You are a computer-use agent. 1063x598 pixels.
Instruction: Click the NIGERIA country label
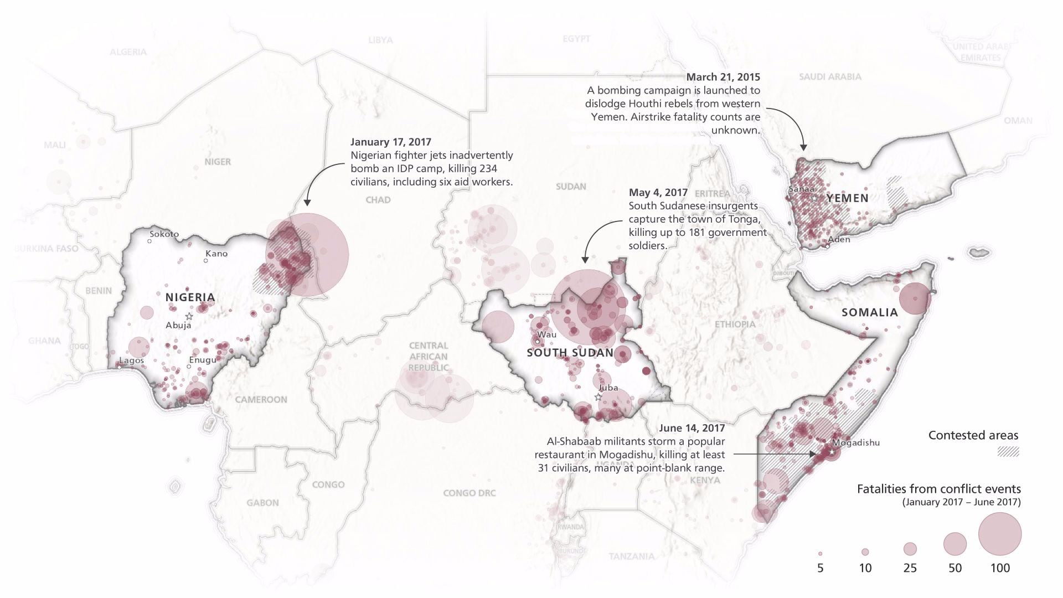[x=190, y=297]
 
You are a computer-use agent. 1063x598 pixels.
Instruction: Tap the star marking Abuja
[x=189, y=316]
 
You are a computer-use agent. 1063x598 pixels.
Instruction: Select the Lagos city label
[x=131, y=360]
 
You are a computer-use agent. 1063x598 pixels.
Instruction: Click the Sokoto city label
[x=164, y=234]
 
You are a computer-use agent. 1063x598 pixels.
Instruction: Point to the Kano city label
[x=216, y=254]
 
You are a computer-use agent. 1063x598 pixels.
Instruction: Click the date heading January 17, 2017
[x=390, y=142]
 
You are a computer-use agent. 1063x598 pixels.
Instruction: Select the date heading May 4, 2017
[x=658, y=193]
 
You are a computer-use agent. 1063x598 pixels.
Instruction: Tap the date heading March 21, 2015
[x=723, y=77]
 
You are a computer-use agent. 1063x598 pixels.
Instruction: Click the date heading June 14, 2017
[x=692, y=428]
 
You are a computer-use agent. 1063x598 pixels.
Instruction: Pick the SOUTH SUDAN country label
[x=570, y=353]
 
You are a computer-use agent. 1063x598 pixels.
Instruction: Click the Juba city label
[x=608, y=388]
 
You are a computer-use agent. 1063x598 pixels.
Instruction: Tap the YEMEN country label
[x=847, y=198]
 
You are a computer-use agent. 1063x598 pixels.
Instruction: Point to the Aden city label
[x=839, y=239]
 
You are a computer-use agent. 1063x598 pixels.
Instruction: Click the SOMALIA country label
[x=869, y=312]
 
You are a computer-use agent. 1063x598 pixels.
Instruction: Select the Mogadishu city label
[x=855, y=442]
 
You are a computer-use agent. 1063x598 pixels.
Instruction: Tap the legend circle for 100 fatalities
[x=999, y=534]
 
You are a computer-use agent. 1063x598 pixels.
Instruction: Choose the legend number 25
[x=910, y=568]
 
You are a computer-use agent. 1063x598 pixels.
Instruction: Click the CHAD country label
[x=378, y=200]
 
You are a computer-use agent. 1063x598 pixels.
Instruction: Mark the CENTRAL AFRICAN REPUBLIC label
[x=429, y=357]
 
